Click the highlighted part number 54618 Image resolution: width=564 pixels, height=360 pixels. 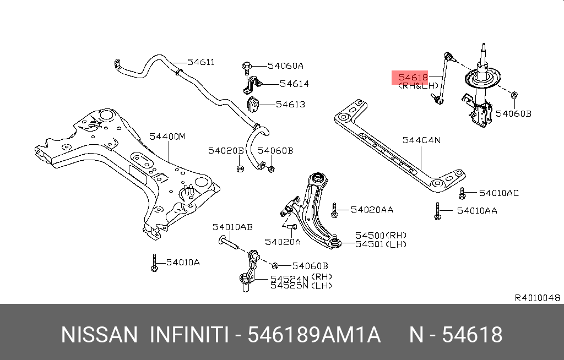pos(413,78)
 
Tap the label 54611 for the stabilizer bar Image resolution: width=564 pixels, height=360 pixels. pos(200,62)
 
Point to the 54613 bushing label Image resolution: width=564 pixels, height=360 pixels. pos(290,104)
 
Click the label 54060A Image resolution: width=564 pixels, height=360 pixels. pos(285,66)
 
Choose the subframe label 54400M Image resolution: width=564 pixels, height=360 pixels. pos(167,136)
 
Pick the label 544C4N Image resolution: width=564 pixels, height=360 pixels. pos(422,140)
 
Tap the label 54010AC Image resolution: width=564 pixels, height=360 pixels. pos(498,193)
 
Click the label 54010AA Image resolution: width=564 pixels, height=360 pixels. pos(477,210)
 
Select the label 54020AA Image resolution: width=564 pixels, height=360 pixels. pos(372,209)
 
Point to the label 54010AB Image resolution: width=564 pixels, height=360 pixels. pos(233,227)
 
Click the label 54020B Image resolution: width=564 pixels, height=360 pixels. pos(225,150)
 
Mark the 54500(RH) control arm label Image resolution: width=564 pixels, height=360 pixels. pos(379,234)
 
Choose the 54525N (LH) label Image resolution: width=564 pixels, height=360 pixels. pos(301,285)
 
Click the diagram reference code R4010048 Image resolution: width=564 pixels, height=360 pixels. pos(537,298)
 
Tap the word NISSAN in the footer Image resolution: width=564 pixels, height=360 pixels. pos(99,335)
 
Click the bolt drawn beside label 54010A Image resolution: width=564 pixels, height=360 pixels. pos(155,263)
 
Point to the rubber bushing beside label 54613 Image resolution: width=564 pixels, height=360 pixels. pos(252,104)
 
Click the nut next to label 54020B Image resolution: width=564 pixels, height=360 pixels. pos(240,167)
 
